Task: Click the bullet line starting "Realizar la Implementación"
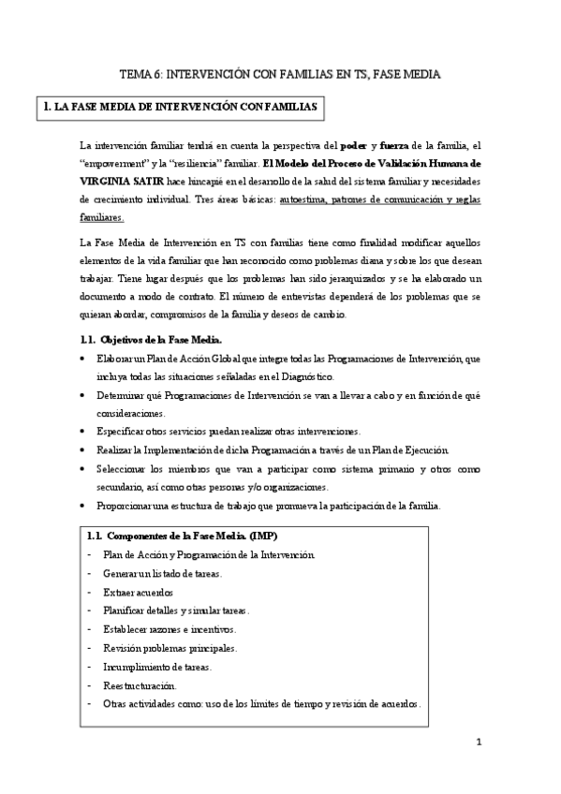[273, 449]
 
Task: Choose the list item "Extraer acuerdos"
[138, 592]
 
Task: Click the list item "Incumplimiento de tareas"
[157, 666]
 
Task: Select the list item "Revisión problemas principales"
[170, 647]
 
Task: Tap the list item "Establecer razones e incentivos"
[170, 628]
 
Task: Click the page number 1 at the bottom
[479, 743]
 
